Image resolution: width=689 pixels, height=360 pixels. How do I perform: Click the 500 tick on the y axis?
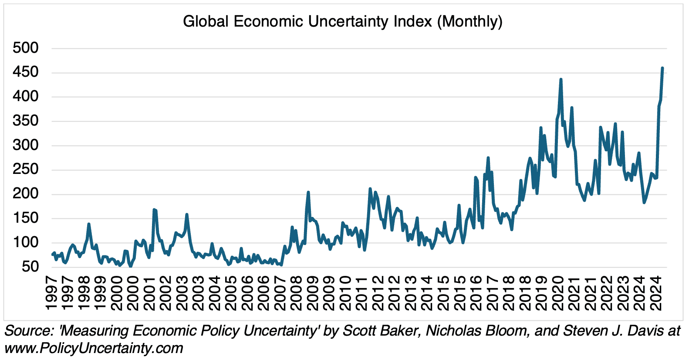point(26,48)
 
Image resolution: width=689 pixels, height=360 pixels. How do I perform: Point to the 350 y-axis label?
point(26,121)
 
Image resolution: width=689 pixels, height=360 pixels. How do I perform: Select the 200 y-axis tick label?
point(26,194)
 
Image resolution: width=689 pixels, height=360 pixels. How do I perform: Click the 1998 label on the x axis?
point(84,293)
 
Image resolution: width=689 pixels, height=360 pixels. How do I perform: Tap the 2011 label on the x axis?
point(362,293)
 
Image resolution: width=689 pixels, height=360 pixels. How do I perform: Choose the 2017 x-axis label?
point(493,293)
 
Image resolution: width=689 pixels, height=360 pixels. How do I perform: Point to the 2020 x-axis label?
point(558,293)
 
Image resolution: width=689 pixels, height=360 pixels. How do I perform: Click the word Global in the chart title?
point(206,21)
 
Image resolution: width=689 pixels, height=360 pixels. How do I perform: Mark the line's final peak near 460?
point(662,68)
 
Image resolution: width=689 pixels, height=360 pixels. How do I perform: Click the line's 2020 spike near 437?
point(561,79)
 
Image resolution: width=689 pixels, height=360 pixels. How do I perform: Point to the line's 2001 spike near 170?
point(154,210)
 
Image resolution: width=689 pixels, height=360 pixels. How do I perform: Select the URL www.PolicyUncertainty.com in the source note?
point(94,348)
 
